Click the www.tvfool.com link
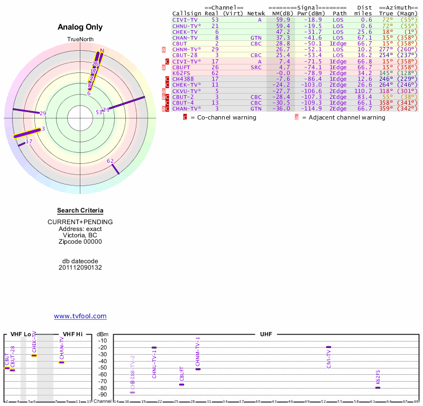click(80, 316)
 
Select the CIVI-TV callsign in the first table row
click(185, 19)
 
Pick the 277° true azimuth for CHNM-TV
click(386, 49)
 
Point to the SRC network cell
click(256, 67)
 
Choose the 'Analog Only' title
click(80, 27)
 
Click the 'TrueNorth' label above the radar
click(80, 40)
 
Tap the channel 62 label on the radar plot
click(110, 161)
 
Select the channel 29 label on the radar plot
click(43, 113)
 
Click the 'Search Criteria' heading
click(80, 210)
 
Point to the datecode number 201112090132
click(80, 267)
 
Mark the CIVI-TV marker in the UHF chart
click(328, 347)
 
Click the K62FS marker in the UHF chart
click(378, 388)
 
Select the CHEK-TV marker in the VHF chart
click(34, 355)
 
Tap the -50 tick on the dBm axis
click(103, 368)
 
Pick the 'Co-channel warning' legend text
click(223, 117)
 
